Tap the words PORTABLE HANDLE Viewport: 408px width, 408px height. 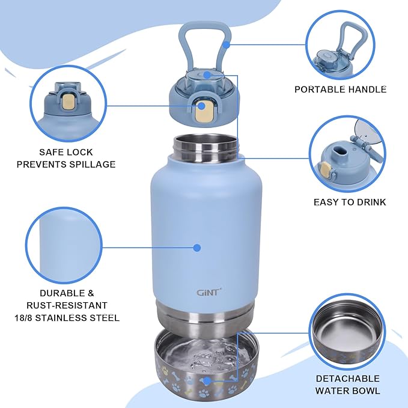[x=340, y=90]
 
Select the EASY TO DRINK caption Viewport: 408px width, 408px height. [x=350, y=202]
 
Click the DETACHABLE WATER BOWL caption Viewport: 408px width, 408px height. [x=348, y=385]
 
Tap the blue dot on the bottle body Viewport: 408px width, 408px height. [x=196, y=247]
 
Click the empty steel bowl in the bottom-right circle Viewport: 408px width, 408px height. [x=348, y=327]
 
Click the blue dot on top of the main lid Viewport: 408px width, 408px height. [x=206, y=75]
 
